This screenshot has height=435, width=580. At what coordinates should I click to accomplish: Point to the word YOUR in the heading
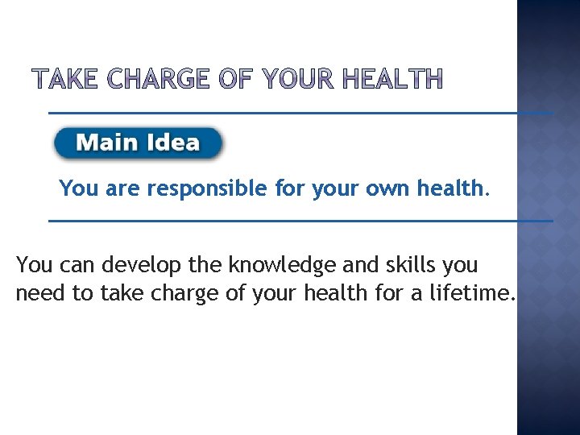click(298, 79)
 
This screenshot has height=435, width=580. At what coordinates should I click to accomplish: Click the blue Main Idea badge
click(138, 143)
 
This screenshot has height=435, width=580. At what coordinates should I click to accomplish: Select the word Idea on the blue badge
click(173, 143)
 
